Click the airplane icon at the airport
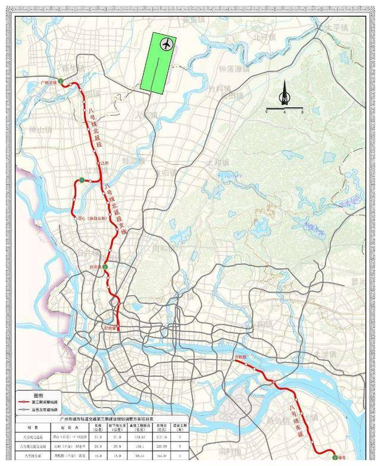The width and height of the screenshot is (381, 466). pos(166,44)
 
